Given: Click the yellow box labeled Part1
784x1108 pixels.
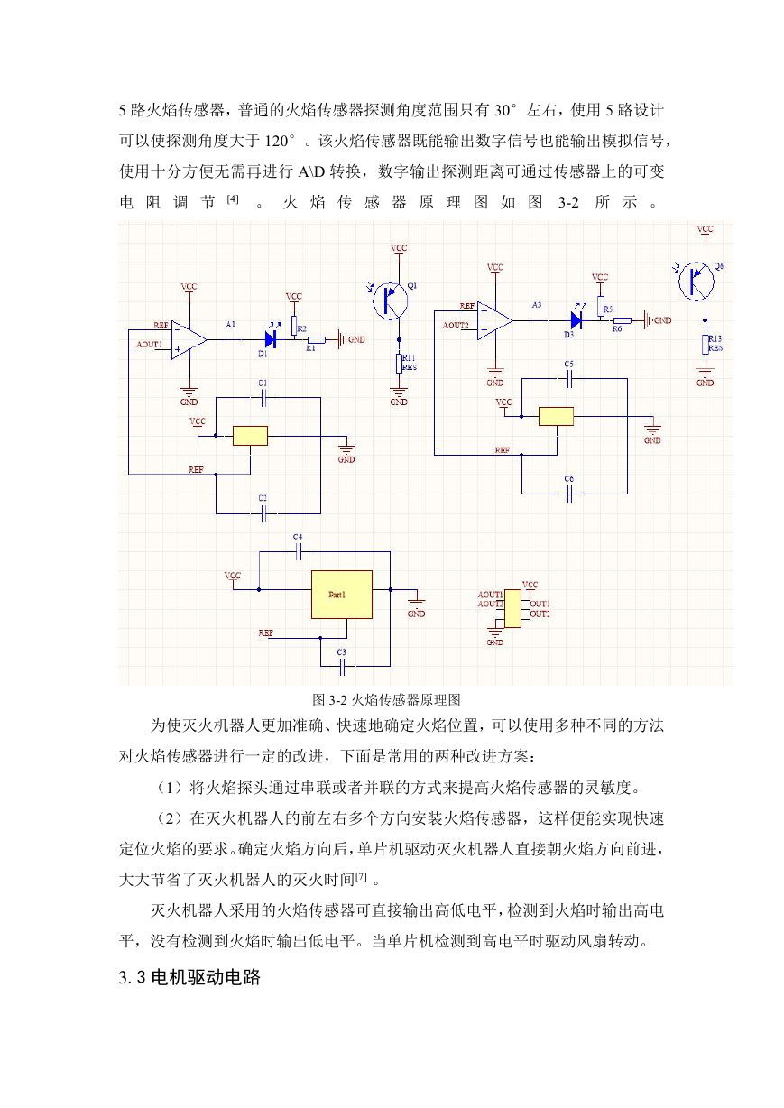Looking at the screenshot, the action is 341,594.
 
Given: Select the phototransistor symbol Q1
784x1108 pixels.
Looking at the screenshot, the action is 390,300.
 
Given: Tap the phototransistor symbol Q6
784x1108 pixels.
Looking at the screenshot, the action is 696,281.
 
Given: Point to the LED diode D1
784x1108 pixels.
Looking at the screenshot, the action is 270,339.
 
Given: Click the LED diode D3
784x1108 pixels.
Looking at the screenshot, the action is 576,320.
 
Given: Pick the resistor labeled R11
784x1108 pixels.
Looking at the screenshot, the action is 399,363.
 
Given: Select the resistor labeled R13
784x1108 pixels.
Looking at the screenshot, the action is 705,345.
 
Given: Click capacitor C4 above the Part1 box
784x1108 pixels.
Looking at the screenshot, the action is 298,551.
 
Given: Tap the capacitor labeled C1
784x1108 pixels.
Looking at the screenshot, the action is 263,397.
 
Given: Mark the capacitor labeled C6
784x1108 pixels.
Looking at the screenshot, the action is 569,494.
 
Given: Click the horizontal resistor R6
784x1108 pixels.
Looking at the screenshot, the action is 622,320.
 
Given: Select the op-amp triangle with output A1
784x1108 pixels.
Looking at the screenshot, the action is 189,339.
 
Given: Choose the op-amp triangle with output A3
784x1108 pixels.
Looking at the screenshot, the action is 494,320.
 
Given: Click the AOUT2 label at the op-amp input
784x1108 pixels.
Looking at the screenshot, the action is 455,325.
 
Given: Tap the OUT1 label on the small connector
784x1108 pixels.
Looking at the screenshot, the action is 540,604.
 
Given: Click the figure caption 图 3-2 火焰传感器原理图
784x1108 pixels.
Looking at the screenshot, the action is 386,699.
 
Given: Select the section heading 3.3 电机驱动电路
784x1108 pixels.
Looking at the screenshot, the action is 189,977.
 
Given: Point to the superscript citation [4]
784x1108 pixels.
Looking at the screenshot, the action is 233,199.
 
